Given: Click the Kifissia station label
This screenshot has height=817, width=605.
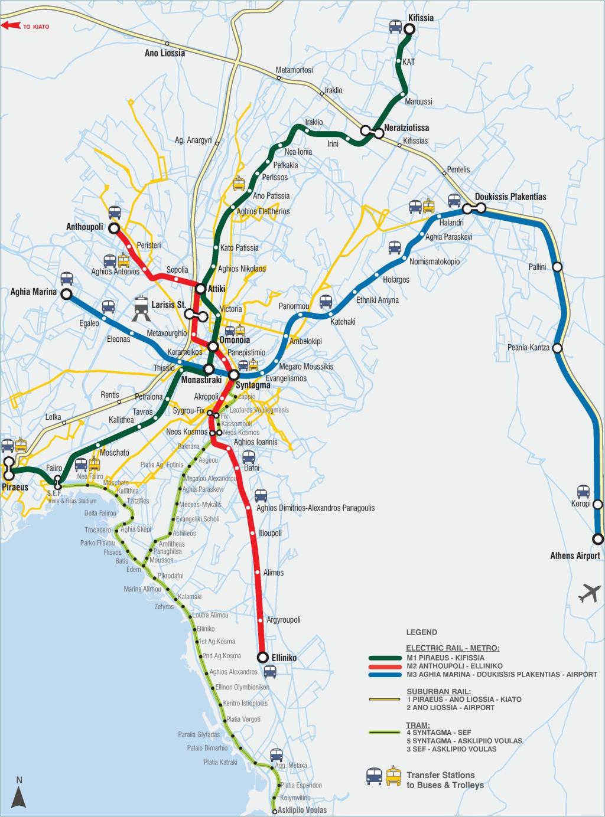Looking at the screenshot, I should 421,18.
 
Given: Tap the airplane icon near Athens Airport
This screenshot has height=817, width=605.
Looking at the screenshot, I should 588,593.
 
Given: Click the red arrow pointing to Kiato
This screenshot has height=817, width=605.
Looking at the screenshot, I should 10,27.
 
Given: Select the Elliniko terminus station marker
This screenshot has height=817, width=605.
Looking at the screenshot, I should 263,657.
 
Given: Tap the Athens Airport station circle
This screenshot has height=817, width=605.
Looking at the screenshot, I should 598,538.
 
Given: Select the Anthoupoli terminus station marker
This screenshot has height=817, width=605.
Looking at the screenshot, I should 113,228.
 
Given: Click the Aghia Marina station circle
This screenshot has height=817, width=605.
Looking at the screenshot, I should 66,293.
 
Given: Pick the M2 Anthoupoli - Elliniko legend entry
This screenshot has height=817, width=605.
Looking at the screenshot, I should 454,666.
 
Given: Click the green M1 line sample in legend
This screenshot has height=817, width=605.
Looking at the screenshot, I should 385,658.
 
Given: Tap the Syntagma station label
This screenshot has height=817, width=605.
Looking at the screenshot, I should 253,385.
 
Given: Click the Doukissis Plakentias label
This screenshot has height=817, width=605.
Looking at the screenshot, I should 510,197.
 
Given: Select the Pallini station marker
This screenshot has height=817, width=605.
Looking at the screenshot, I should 557,267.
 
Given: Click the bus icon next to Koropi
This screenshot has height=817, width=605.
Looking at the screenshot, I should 583,491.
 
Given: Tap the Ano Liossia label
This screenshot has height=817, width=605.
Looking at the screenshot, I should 165,53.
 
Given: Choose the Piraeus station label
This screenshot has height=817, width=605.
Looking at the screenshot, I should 15,488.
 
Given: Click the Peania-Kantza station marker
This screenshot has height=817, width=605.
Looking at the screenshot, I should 557,348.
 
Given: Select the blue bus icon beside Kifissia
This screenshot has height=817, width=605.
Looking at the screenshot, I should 396,27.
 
